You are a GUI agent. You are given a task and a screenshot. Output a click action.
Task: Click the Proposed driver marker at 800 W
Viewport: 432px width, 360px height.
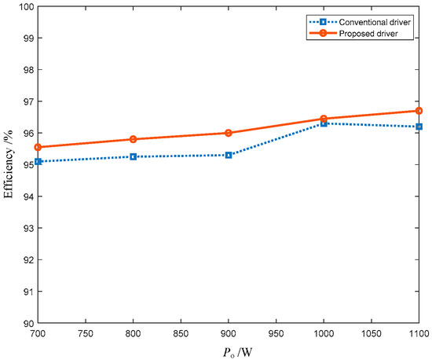coord(133,139)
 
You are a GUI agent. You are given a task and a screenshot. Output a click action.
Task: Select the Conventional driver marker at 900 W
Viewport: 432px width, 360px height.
coord(229,155)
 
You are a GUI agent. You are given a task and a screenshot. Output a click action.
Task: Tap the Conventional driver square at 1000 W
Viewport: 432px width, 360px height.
coord(324,123)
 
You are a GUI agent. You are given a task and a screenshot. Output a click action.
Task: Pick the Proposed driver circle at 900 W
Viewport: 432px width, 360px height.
coord(229,133)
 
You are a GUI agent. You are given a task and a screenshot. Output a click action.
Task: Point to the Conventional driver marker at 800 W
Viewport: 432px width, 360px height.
coord(133,156)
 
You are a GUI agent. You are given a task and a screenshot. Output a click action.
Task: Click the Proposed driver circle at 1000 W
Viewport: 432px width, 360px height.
coord(324,119)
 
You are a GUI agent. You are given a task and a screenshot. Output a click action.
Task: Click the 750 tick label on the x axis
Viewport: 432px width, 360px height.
coord(85,334)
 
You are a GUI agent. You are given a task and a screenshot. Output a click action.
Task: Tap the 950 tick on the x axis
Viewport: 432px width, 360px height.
coord(276,334)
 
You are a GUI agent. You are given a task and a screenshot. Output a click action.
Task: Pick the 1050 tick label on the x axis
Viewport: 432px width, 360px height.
coord(372,334)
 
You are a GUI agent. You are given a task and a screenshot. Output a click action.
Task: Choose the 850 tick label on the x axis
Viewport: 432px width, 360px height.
coord(181,334)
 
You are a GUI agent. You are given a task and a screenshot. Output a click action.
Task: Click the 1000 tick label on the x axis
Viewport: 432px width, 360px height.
coord(324,334)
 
